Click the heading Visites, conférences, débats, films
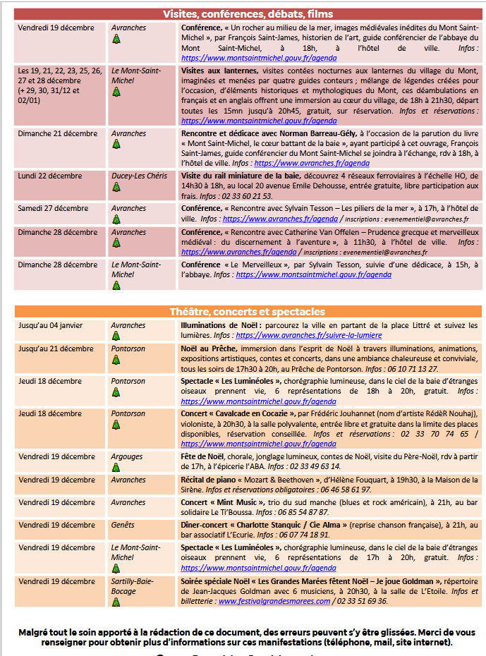click(x=248, y=14)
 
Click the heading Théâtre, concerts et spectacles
click(x=248, y=312)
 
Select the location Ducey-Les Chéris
click(x=139, y=176)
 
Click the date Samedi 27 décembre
click(x=51, y=209)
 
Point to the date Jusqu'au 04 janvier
click(x=51, y=325)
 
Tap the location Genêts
click(x=123, y=525)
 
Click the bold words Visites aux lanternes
click(x=219, y=72)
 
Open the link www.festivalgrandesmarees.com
click(x=274, y=601)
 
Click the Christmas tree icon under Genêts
click(x=116, y=536)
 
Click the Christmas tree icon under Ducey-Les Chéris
click(x=116, y=188)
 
